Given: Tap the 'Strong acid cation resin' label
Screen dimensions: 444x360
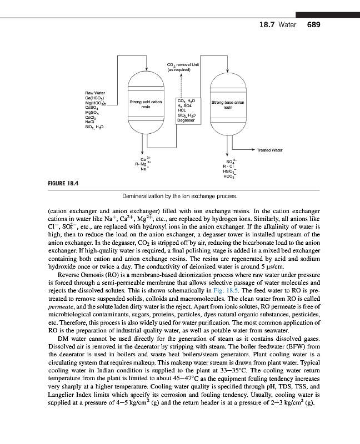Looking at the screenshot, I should [146, 104].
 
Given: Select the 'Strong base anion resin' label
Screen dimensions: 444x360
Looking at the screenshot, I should [228, 104].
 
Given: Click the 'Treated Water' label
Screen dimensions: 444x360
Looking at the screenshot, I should [269, 150].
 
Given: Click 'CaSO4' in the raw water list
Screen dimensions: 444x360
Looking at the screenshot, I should [93, 107].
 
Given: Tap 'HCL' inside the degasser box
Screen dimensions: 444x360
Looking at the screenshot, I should [182, 110].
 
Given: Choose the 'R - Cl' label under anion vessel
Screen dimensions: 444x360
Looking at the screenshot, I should [228, 167].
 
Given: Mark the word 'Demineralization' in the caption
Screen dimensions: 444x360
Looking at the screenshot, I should [146, 196].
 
